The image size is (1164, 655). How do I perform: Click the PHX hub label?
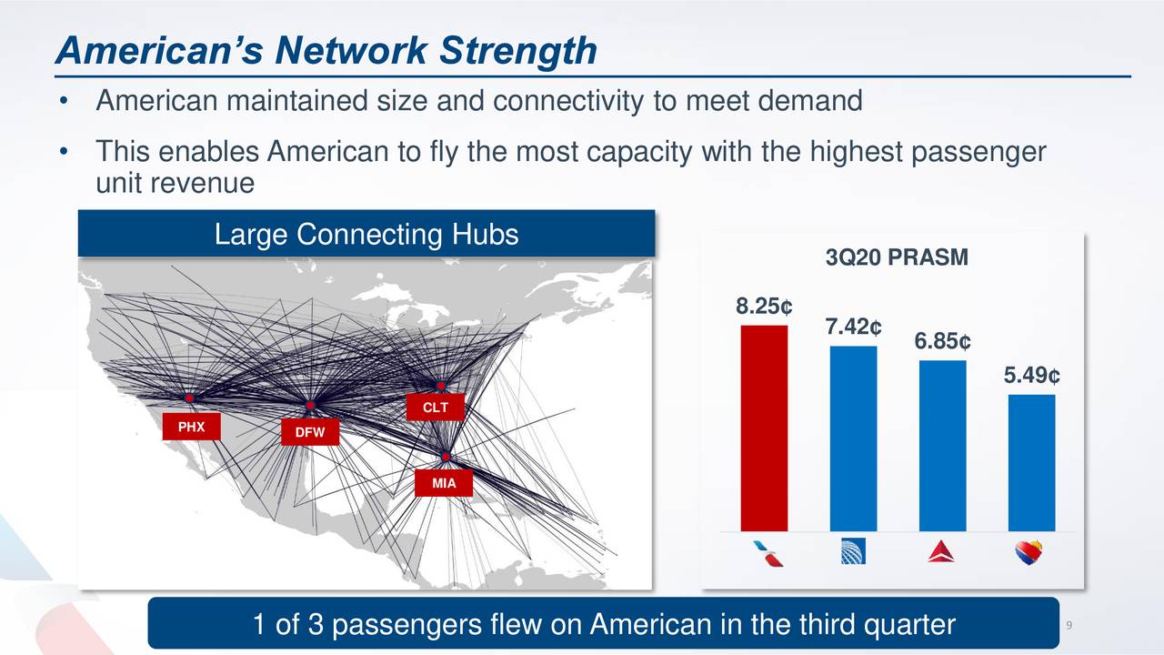pyautogui.click(x=191, y=427)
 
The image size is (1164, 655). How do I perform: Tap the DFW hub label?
pyautogui.click(x=309, y=433)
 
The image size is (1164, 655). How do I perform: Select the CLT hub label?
pyautogui.click(x=436, y=408)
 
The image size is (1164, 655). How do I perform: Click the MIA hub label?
pyautogui.click(x=444, y=484)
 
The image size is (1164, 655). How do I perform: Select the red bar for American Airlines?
pyautogui.click(x=764, y=428)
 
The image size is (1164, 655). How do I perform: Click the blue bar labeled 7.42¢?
pyautogui.click(x=853, y=438)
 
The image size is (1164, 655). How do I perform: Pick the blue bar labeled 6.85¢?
pyautogui.click(x=942, y=446)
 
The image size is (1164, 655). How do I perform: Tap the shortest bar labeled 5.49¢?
pyautogui.click(x=1031, y=462)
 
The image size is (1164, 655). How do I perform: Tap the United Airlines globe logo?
pyautogui.click(x=853, y=551)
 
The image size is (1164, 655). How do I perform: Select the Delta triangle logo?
pyautogui.click(x=941, y=551)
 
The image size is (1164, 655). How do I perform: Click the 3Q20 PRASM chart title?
pyautogui.click(x=897, y=259)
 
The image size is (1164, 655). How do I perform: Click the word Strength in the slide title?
pyautogui.click(x=517, y=51)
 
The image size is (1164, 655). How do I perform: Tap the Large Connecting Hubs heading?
pyautogui.click(x=366, y=235)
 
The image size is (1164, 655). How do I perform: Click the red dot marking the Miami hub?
pyautogui.click(x=447, y=456)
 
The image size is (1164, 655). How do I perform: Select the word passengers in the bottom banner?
pyautogui.click(x=406, y=625)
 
